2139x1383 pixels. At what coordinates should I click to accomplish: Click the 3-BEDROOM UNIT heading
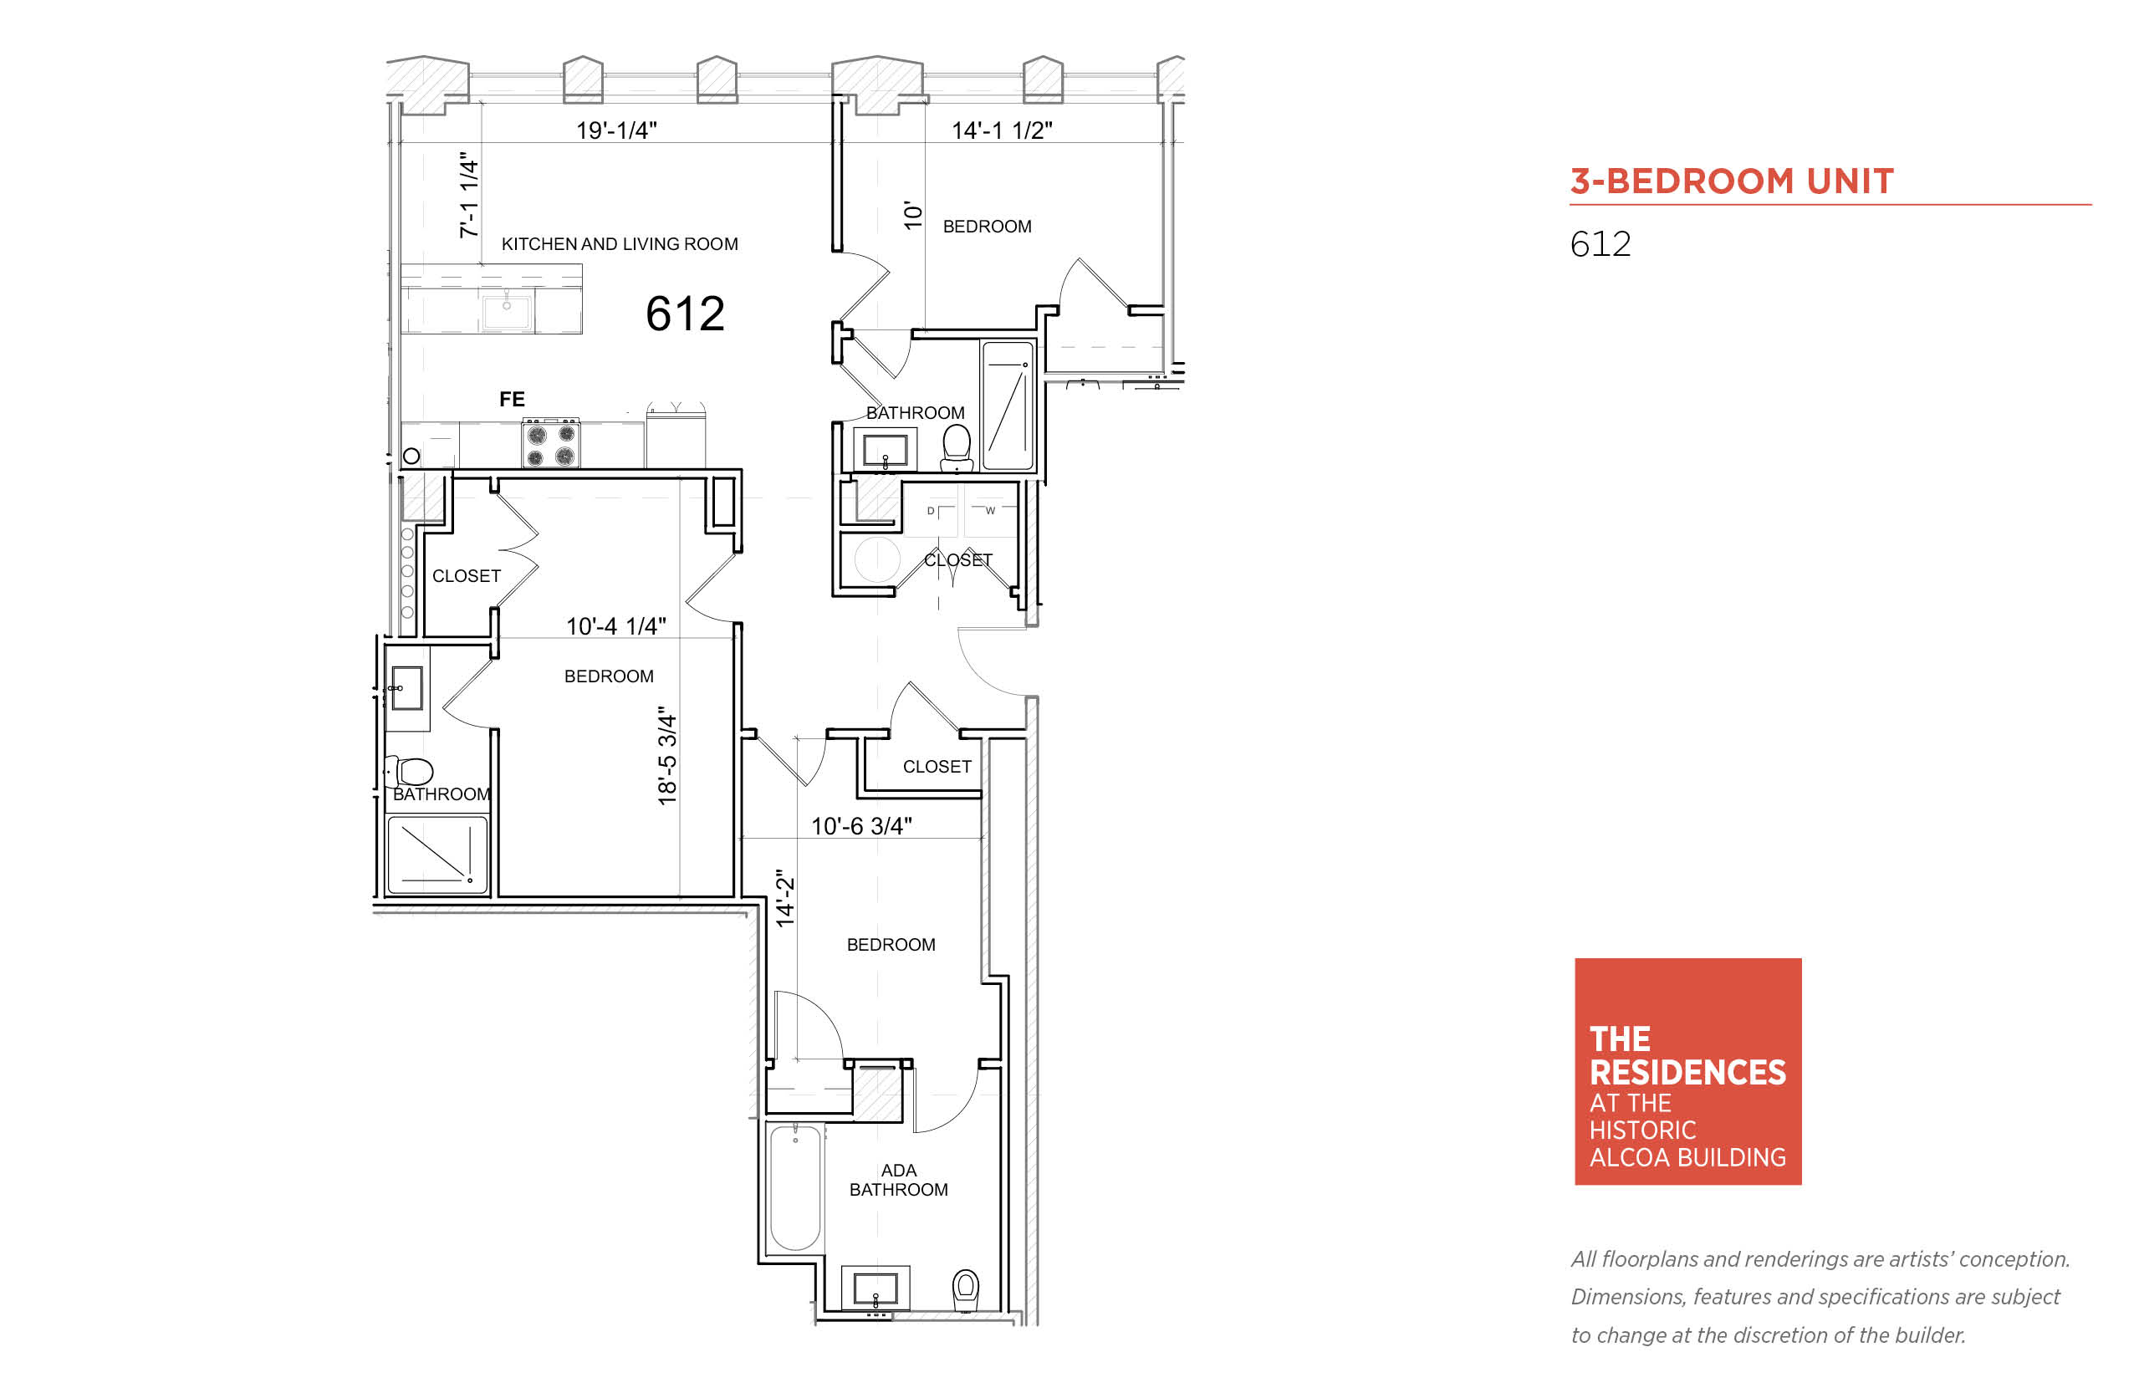pos(1731,181)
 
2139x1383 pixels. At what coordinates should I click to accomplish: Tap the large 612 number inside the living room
pos(685,314)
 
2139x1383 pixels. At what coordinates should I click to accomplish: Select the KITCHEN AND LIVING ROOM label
pos(620,244)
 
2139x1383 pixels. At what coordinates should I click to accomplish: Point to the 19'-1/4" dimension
pos(616,130)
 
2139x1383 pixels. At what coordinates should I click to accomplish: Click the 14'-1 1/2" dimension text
pos(1001,130)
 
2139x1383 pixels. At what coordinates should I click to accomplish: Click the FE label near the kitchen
pos(512,399)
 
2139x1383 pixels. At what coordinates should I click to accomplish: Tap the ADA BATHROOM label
pos(899,1180)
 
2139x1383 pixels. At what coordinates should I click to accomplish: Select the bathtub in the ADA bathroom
pos(795,1187)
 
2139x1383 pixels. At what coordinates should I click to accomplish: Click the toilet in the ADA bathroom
pos(965,1291)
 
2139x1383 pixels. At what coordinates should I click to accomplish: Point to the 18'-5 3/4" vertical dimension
pos(667,755)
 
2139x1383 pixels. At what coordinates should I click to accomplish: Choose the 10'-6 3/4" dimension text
pos(861,826)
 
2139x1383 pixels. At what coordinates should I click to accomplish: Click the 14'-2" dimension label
pos(785,898)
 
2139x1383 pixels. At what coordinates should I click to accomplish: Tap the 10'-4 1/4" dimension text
pos(616,626)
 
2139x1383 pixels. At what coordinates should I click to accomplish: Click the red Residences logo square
pos(1688,1071)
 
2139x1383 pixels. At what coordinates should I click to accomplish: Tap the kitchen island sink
pos(508,312)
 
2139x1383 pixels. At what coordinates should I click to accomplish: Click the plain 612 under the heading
pos(1600,244)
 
